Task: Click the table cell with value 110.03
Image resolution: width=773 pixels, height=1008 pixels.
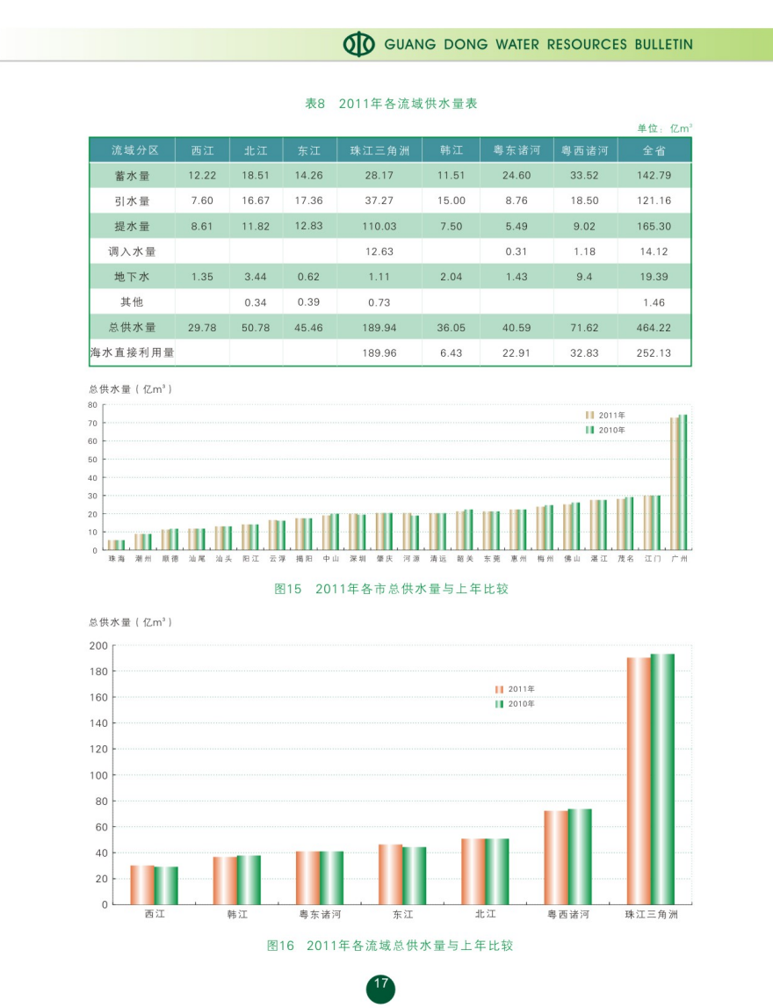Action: tap(379, 227)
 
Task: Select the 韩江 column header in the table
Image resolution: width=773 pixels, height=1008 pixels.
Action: tap(451, 150)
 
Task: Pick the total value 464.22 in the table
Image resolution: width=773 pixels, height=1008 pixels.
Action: tap(654, 328)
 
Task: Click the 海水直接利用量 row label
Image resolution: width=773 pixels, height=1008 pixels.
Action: tap(132, 353)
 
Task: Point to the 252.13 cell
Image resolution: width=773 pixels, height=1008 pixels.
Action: tap(654, 353)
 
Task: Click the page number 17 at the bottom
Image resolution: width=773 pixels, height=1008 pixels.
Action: tap(380, 984)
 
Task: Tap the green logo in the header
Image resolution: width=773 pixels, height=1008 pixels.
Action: tap(358, 44)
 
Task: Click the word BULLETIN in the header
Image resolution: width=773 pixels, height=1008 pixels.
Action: tap(663, 44)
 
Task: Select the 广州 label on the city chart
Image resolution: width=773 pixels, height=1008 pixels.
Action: tap(678, 559)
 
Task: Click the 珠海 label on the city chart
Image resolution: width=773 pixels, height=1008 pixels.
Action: tap(116, 559)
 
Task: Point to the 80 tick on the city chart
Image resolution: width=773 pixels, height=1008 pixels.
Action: tap(92, 405)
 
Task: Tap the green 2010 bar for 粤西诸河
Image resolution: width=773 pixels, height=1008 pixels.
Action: tap(580, 857)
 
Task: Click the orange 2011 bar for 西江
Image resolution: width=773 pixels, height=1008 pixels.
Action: tap(142, 885)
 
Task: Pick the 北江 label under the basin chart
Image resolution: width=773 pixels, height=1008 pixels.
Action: tap(485, 915)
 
